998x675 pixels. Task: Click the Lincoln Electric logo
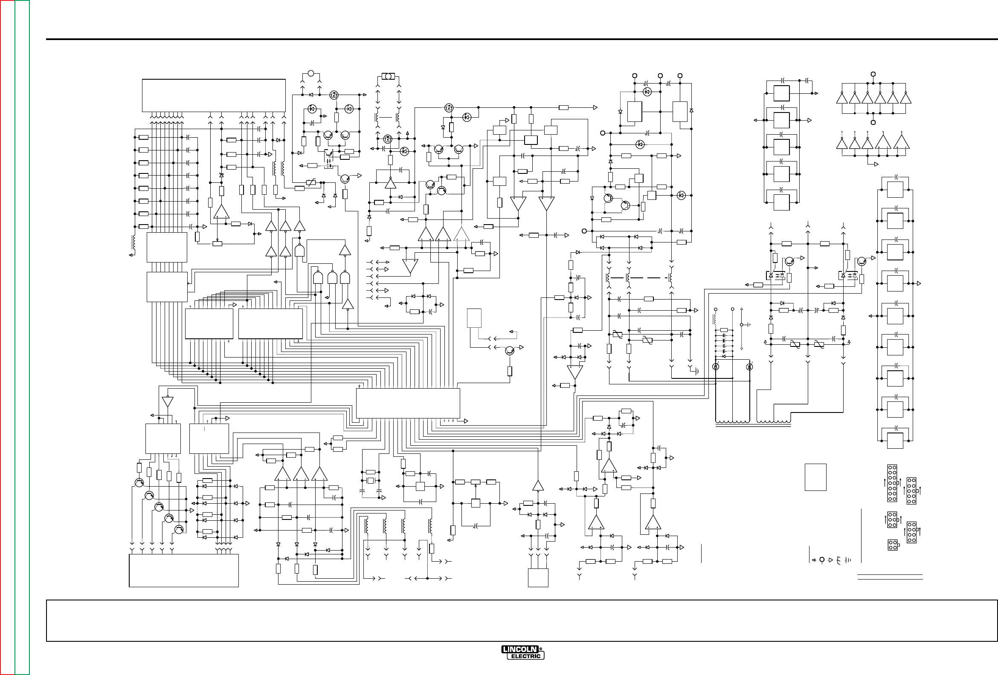click(522, 652)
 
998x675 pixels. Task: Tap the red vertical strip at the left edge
click(7, 337)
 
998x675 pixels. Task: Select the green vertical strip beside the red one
click(22, 337)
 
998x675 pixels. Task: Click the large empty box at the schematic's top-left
click(213, 95)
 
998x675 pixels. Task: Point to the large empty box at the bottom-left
click(184, 570)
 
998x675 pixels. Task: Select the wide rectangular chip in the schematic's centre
click(408, 403)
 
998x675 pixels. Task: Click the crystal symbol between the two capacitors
click(370, 481)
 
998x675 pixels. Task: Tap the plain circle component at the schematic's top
click(311, 73)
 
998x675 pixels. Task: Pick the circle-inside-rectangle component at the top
click(388, 76)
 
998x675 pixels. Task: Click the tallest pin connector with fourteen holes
click(892, 483)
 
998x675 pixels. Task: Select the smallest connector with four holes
click(892, 545)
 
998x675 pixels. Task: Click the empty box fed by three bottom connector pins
click(538, 577)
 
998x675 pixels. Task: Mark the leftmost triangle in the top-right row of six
click(841, 99)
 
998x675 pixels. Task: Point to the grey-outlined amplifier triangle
click(461, 234)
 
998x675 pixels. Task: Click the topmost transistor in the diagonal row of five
click(139, 482)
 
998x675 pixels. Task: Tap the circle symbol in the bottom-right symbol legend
click(822, 560)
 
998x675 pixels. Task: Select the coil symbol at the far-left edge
click(133, 242)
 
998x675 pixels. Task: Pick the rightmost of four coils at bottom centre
click(430, 526)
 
